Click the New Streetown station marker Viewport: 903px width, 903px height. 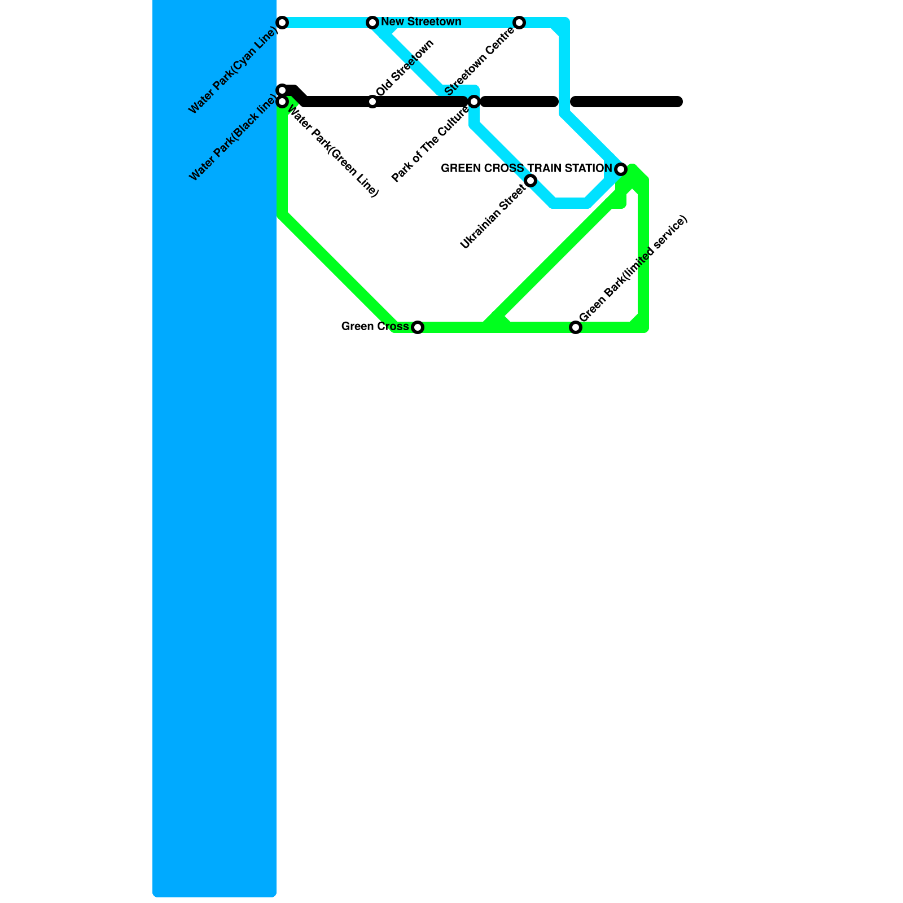pyautogui.click(x=372, y=23)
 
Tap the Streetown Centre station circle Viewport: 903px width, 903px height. pyautogui.click(x=519, y=23)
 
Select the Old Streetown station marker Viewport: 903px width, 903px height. pyautogui.click(x=372, y=102)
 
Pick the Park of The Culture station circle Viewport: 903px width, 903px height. pyautogui.click(x=474, y=102)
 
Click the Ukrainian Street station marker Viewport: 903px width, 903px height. pyautogui.click(x=531, y=181)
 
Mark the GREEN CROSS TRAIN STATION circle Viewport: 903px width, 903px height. pyautogui.click(x=621, y=169)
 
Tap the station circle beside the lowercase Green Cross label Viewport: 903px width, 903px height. pyautogui.click(x=418, y=327)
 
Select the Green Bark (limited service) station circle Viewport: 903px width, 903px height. pyautogui.click(x=576, y=327)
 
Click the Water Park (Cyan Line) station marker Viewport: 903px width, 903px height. pyautogui.click(x=283, y=23)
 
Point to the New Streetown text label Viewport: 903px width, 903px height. pyautogui.click(x=421, y=22)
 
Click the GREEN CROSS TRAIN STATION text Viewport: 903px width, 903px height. pyautogui.click(x=526, y=168)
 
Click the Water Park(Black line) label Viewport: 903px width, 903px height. pyautogui.click(x=233, y=139)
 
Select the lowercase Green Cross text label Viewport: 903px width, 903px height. pyautogui.click(x=375, y=327)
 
